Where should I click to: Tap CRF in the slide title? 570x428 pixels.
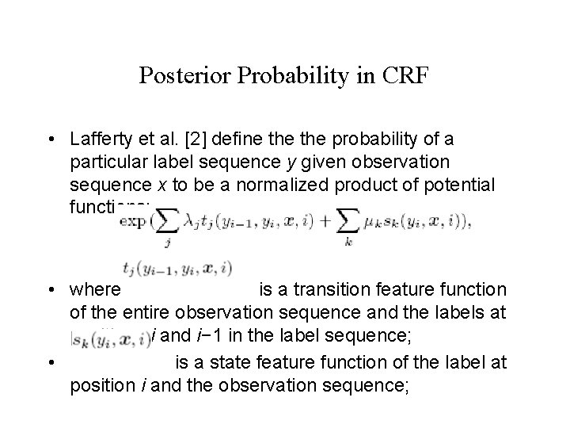click(405, 75)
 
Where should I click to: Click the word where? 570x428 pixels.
click(94, 290)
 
